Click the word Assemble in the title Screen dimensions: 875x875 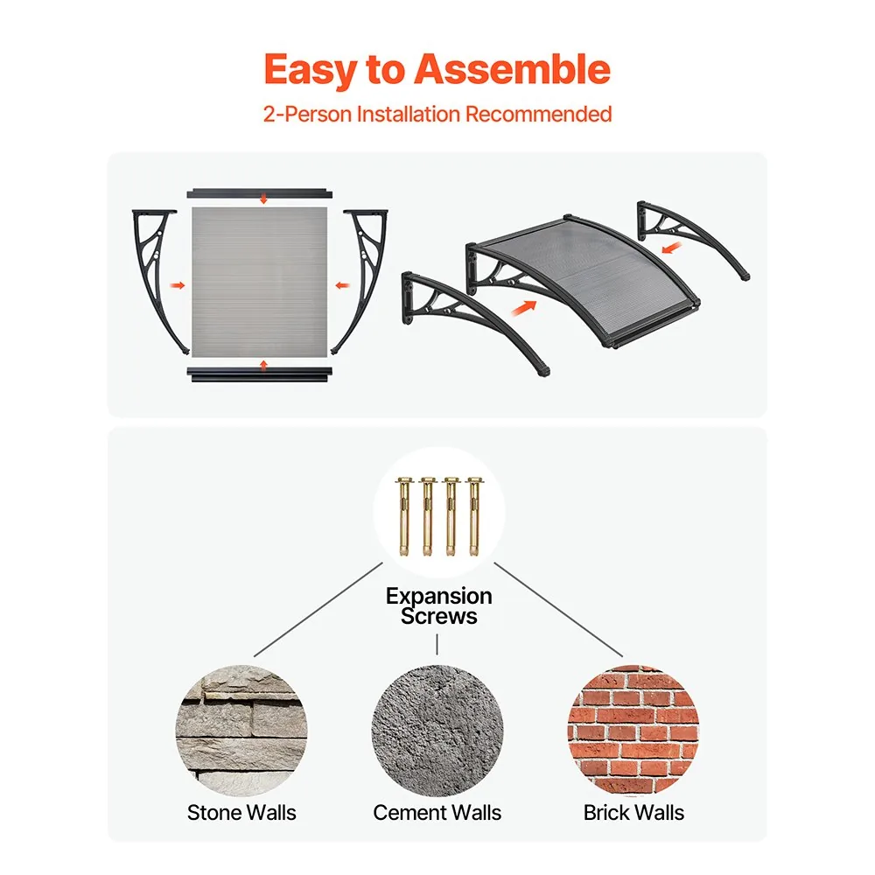click(512, 69)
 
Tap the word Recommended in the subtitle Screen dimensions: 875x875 click(538, 114)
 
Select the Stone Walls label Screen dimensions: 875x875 click(241, 813)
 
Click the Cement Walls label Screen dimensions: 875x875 click(437, 813)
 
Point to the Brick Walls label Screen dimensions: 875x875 click(633, 813)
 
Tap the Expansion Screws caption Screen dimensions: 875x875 click(438, 606)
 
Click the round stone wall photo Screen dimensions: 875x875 click(241, 731)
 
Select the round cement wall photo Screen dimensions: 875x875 click(437, 731)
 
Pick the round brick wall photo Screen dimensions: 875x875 click(633, 731)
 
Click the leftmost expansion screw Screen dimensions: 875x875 click(403, 516)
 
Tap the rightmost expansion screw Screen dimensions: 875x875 click(474, 516)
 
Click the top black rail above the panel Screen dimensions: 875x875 click(260, 193)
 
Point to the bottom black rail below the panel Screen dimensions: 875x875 click(260, 374)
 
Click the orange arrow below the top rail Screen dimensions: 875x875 click(263, 199)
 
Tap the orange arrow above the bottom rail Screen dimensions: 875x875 click(263, 366)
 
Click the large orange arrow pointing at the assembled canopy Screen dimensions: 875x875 click(524, 307)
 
